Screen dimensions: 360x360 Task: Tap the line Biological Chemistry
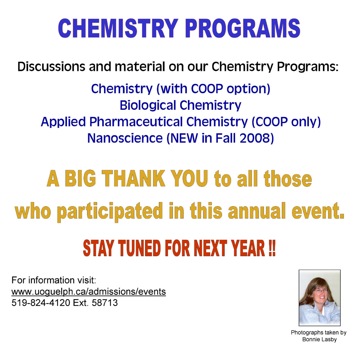180,105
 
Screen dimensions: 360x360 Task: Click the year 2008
256,138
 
